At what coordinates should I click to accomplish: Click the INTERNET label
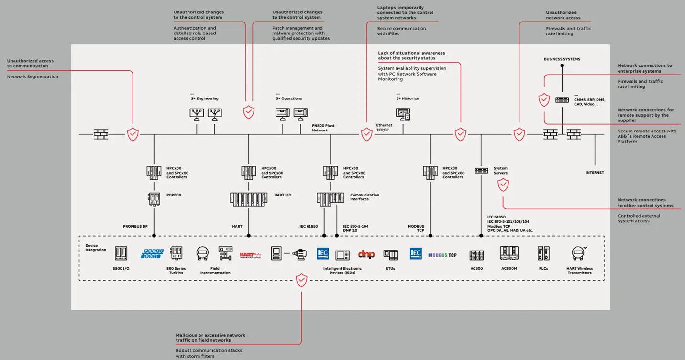pos(595,173)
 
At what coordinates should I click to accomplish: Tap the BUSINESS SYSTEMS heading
pos(562,59)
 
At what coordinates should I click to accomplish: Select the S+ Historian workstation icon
pos(403,114)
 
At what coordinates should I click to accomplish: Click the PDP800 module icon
pos(154,199)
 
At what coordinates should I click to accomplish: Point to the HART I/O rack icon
pos(248,199)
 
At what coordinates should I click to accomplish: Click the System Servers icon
pos(481,171)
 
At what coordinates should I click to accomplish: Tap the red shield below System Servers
pos(503,185)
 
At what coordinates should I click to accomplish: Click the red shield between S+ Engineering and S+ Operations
pos(249,112)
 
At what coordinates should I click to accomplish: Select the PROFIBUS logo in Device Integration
pos(152,254)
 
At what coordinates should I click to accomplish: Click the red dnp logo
pos(366,254)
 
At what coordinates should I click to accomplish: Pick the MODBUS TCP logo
pos(442,255)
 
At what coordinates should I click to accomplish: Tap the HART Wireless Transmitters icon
pos(579,253)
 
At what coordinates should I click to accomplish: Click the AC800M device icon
pos(509,253)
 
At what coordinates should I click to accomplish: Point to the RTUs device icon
pos(390,255)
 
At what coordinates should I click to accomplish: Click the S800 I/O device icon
pos(121,253)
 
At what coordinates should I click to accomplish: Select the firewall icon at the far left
pos(100,134)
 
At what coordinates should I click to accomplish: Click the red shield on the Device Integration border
pos(301,280)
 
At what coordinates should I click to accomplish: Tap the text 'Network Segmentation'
pos(33,77)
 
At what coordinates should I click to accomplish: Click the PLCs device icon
pos(543,253)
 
